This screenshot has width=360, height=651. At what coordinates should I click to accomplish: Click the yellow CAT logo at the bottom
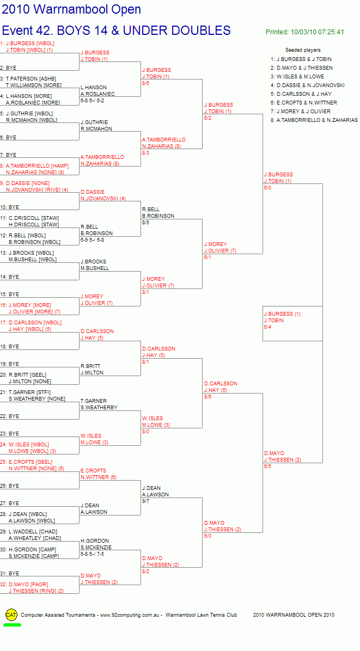(11, 615)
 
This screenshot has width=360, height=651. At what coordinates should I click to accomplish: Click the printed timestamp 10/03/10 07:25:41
(317, 32)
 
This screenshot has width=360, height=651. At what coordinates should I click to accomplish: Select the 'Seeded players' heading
(303, 50)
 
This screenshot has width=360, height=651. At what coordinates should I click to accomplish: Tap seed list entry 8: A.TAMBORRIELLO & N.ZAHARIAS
(314, 120)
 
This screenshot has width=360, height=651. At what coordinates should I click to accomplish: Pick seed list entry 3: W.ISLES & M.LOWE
(297, 76)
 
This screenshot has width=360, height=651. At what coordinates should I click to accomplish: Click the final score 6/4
(268, 327)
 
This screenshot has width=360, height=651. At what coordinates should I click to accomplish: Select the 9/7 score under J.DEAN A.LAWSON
(146, 501)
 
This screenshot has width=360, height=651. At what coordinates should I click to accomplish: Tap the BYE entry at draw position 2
(8, 67)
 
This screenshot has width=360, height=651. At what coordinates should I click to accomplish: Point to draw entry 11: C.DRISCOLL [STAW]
(29, 218)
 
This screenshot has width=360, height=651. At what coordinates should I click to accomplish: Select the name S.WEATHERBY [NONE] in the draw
(37, 399)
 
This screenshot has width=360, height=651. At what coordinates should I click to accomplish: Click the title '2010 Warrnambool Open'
(71, 9)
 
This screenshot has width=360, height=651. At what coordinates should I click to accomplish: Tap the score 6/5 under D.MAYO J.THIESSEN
(268, 466)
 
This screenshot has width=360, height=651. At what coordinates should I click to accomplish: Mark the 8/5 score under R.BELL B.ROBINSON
(146, 223)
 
